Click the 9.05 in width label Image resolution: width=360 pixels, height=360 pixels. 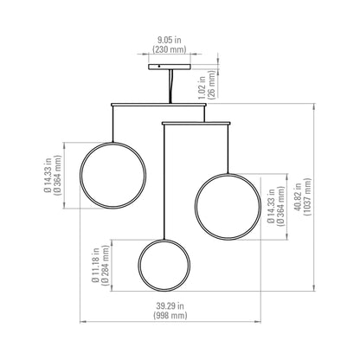tap(170, 38)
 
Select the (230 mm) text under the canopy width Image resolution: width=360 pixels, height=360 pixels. tap(170, 49)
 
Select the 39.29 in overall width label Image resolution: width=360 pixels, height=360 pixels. tap(170, 305)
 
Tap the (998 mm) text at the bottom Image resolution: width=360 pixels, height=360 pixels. tap(170, 317)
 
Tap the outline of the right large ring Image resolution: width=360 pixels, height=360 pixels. tap(196, 207)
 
